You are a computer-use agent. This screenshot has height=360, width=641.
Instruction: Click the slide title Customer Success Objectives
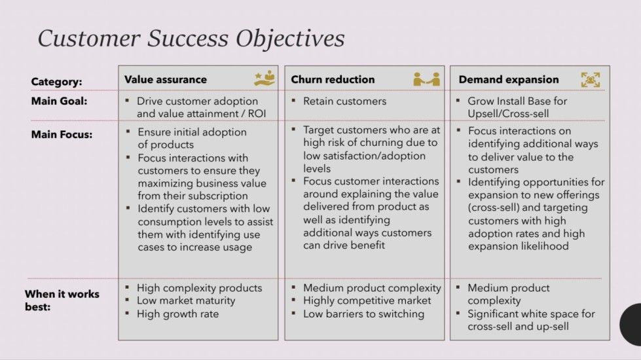pyautogui.click(x=191, y=38)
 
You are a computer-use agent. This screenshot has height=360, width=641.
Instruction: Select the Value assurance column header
pyautogui.click(x=165, y=79)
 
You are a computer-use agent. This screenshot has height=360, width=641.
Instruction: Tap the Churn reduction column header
pyautogui.click(x=333, y=79)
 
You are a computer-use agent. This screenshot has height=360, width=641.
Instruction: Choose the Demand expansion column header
pyautogui.click(x=509, y=79)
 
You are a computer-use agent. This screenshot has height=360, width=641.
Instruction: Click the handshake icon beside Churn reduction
pyautogui.click(x=426, y=79)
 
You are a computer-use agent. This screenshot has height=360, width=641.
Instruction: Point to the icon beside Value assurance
pyautogui.click(x=265, y=79)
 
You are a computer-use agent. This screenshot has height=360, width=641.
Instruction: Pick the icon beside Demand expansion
pyautogui.click(x=591, y=79)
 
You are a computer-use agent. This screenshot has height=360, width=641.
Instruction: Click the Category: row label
pyautogui.click(x=57, y=82)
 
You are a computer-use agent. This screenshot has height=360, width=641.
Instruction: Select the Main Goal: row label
pyautogui.click(x=58, y=101)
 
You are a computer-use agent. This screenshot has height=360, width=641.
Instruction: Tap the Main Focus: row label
pyautogui.click(x=62, y=134)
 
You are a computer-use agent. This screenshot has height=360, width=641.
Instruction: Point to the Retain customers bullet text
pyautogui.click(x=344, y=101)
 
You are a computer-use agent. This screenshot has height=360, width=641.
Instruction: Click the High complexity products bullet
pyautogui.click(x=199, y=288)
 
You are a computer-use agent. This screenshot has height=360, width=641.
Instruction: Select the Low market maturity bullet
pyautogui.click(x=185, y=301)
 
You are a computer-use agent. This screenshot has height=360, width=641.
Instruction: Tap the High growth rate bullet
pyautogui.click(x=177, y=314)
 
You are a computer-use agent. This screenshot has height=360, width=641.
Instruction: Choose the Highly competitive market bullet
pyautogui.click(x=367, y=301)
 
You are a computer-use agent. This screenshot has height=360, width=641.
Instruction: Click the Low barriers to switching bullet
pyautogui.click(x=363, y=314)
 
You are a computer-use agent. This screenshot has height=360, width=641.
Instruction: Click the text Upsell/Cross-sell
pyautogui.click(x=508, y=114)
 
